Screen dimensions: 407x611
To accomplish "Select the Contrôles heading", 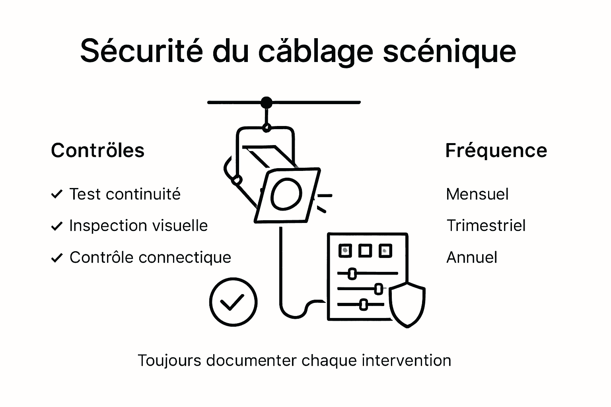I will [x=97, y=151].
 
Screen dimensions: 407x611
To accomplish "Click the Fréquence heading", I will [x=496, y=151].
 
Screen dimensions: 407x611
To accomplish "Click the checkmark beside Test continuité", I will [x=57, y=194].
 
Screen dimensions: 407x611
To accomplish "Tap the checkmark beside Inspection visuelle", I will [x=57, y=226].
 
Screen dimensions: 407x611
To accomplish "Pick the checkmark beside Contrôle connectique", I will [x=57, y=258].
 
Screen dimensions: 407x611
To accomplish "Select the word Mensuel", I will [x=477, y=194].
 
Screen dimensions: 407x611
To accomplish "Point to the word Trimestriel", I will [x=486, y=226].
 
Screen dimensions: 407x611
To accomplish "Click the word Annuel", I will [x=471, y=258].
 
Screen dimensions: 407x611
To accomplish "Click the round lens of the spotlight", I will [x=286, y=194].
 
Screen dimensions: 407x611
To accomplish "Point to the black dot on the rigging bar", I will [x=267, y=103].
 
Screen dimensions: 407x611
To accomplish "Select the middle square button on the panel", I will [x=365, y=251].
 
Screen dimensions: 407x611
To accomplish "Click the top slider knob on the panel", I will [x=352, y=273].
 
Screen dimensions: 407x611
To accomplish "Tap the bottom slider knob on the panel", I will [x=363, y=305].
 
